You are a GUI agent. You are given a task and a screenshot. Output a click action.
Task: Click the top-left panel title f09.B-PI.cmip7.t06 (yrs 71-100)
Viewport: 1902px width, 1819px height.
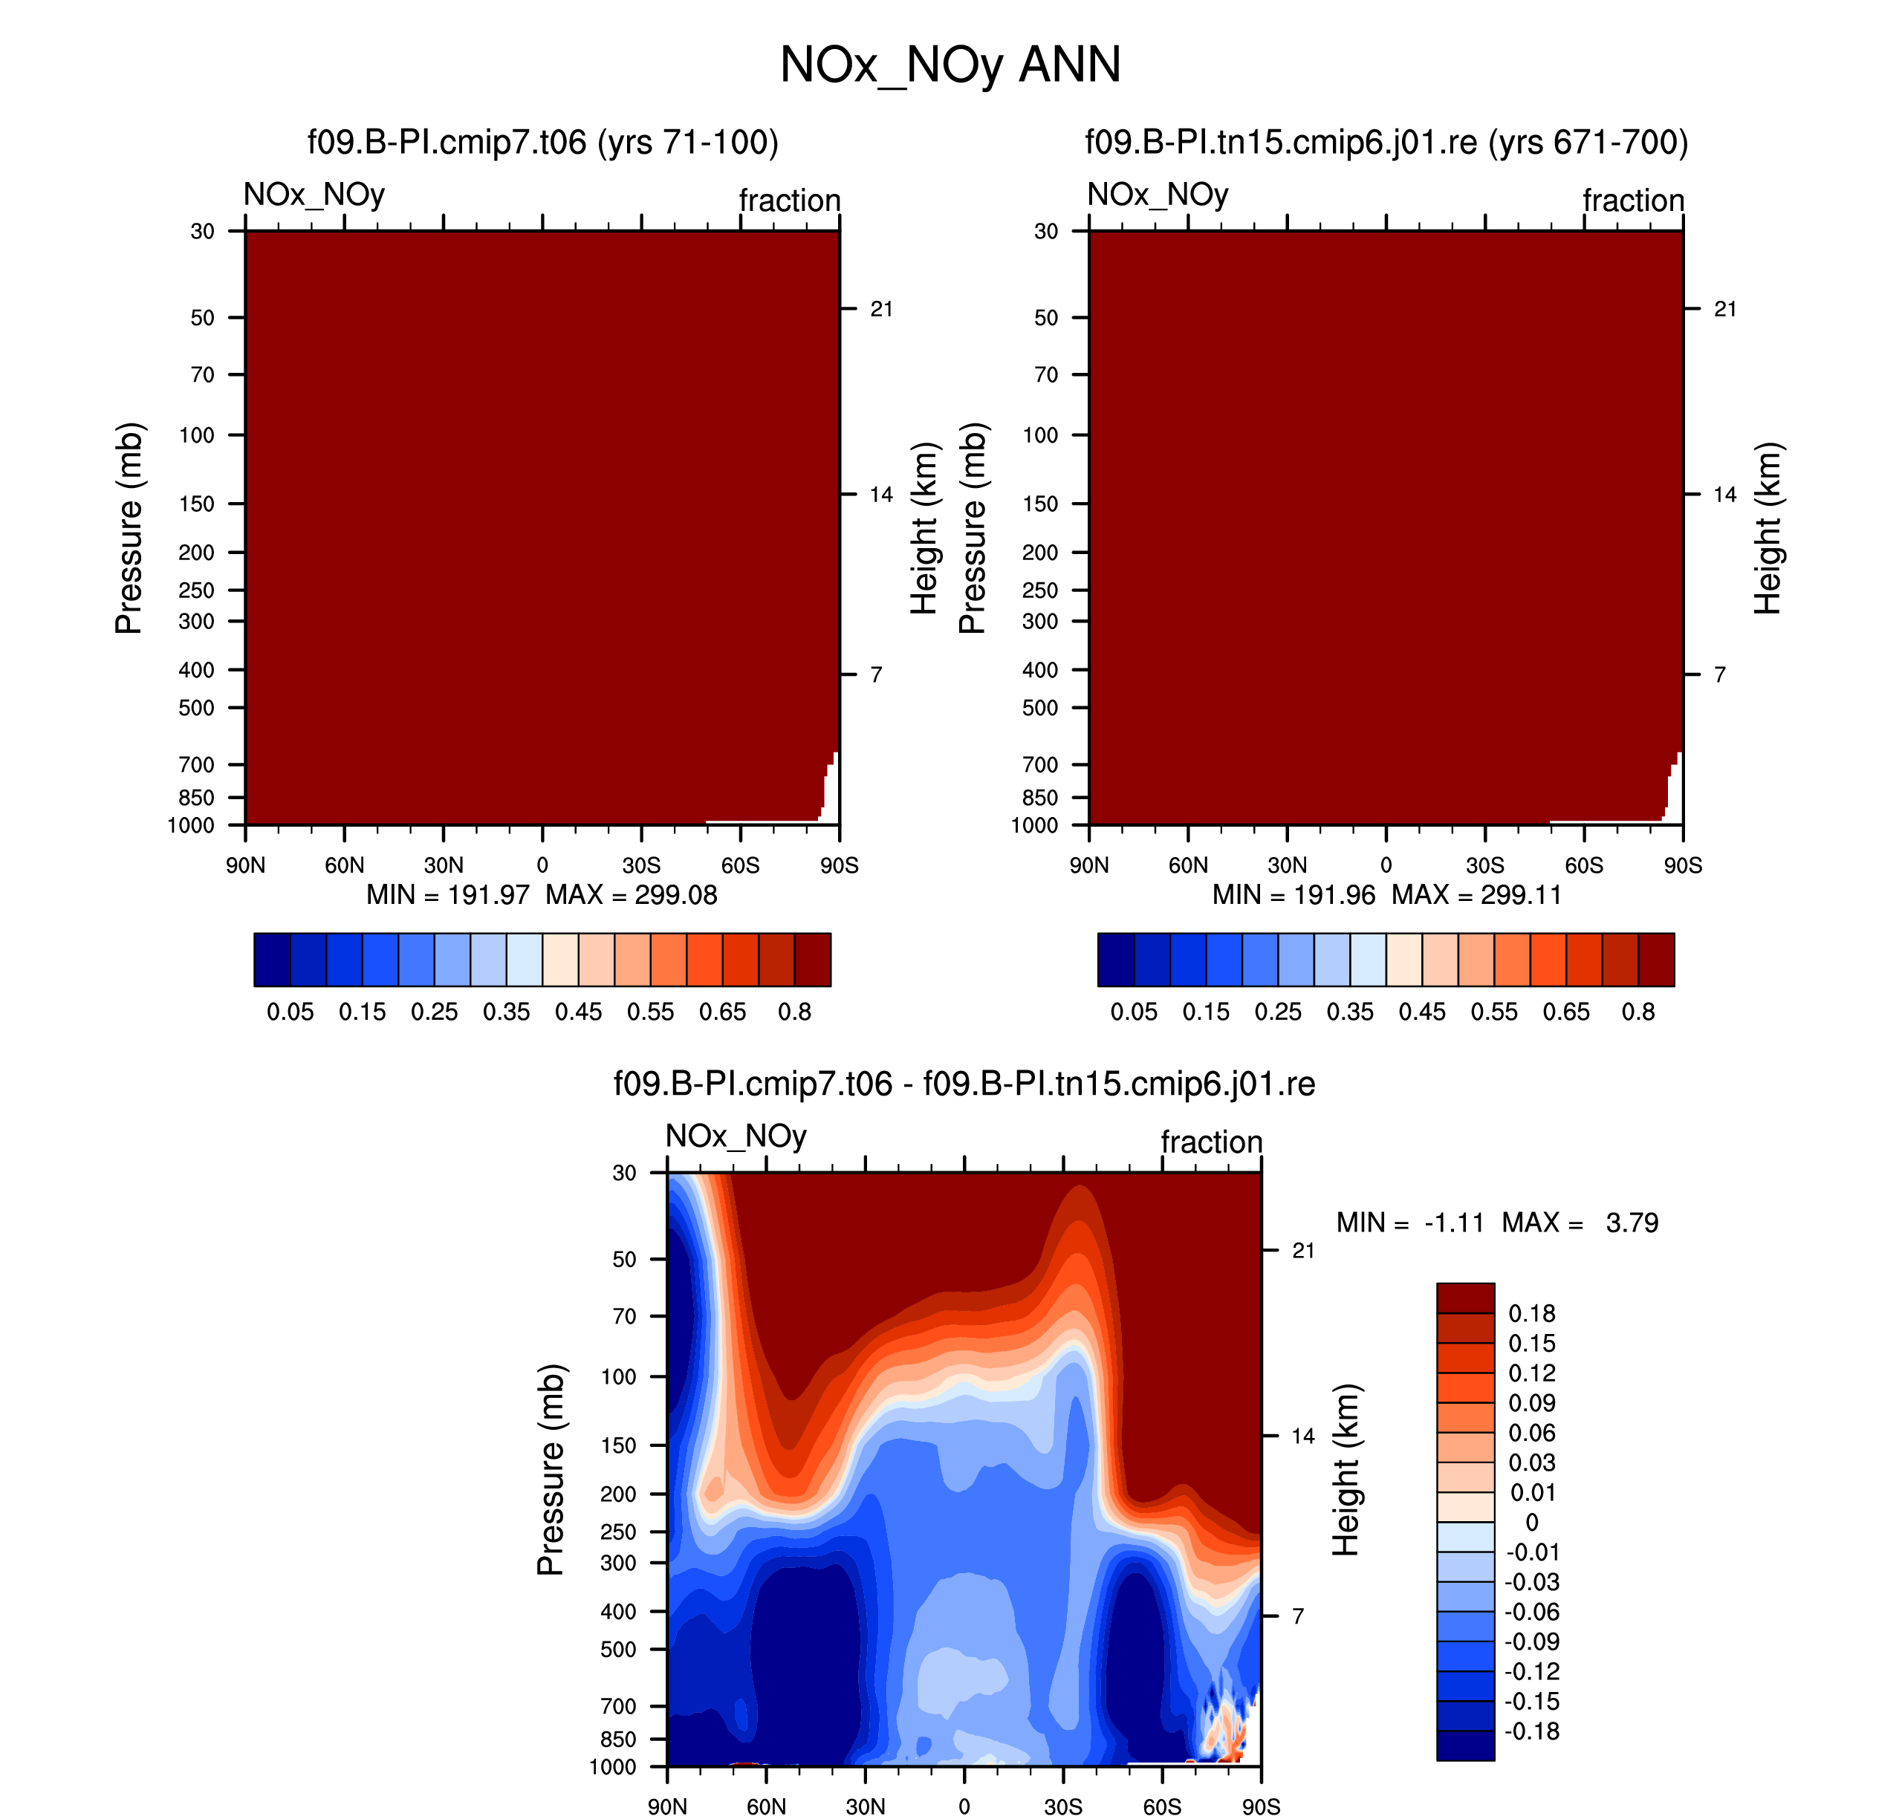tap(543, 143)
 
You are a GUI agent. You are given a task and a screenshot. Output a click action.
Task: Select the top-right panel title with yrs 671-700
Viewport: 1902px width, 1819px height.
tap(1386, 143)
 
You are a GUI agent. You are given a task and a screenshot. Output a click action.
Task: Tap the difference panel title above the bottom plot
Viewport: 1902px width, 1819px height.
tap(964, 1083)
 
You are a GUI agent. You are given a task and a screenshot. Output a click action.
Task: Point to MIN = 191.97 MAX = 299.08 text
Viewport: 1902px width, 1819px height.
tap(541, 894)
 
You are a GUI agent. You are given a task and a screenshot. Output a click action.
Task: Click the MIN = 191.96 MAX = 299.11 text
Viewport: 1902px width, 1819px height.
tap(1387, 894)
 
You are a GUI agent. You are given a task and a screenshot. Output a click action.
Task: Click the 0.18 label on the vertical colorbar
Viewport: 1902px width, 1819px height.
tap(1531, 1313)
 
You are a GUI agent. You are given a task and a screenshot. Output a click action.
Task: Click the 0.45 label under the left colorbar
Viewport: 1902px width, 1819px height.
tap(578, 1012)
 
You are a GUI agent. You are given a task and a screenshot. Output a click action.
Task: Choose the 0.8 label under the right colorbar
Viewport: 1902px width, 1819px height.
tap(1638, 1012)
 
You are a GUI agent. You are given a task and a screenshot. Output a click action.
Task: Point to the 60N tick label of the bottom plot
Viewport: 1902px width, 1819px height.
tap(766, 1806)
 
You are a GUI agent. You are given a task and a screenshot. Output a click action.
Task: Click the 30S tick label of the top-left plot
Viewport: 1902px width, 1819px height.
tap(641, 865)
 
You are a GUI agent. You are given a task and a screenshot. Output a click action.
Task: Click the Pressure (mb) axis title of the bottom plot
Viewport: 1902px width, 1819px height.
tap(550, 1469)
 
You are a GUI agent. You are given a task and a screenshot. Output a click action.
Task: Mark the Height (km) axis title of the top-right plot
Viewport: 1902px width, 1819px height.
tap(1768, 528)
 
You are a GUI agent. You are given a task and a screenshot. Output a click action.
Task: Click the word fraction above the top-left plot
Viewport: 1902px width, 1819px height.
tap(790, 201)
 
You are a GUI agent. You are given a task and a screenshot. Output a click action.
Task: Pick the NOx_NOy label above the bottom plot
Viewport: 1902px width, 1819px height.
tap(736, 1136)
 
